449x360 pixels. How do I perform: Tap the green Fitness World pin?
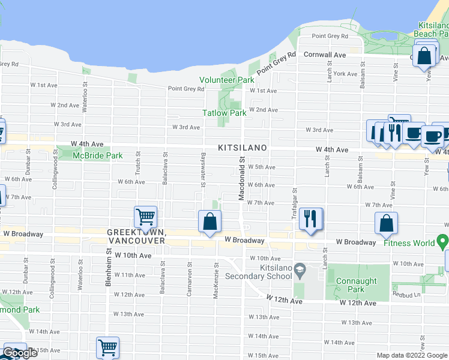[444, 242]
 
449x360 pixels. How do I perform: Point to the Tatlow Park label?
[224, 113]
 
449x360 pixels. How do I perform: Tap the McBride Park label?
[97, 155]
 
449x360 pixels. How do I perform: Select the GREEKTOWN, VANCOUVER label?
[136, 236]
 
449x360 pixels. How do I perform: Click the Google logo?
[20, 353]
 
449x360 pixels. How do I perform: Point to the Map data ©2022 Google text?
[411, 355]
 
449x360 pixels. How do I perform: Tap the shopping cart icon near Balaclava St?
[145, 216]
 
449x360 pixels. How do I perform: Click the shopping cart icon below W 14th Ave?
[107, 347]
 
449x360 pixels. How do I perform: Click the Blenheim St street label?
[110, 267]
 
